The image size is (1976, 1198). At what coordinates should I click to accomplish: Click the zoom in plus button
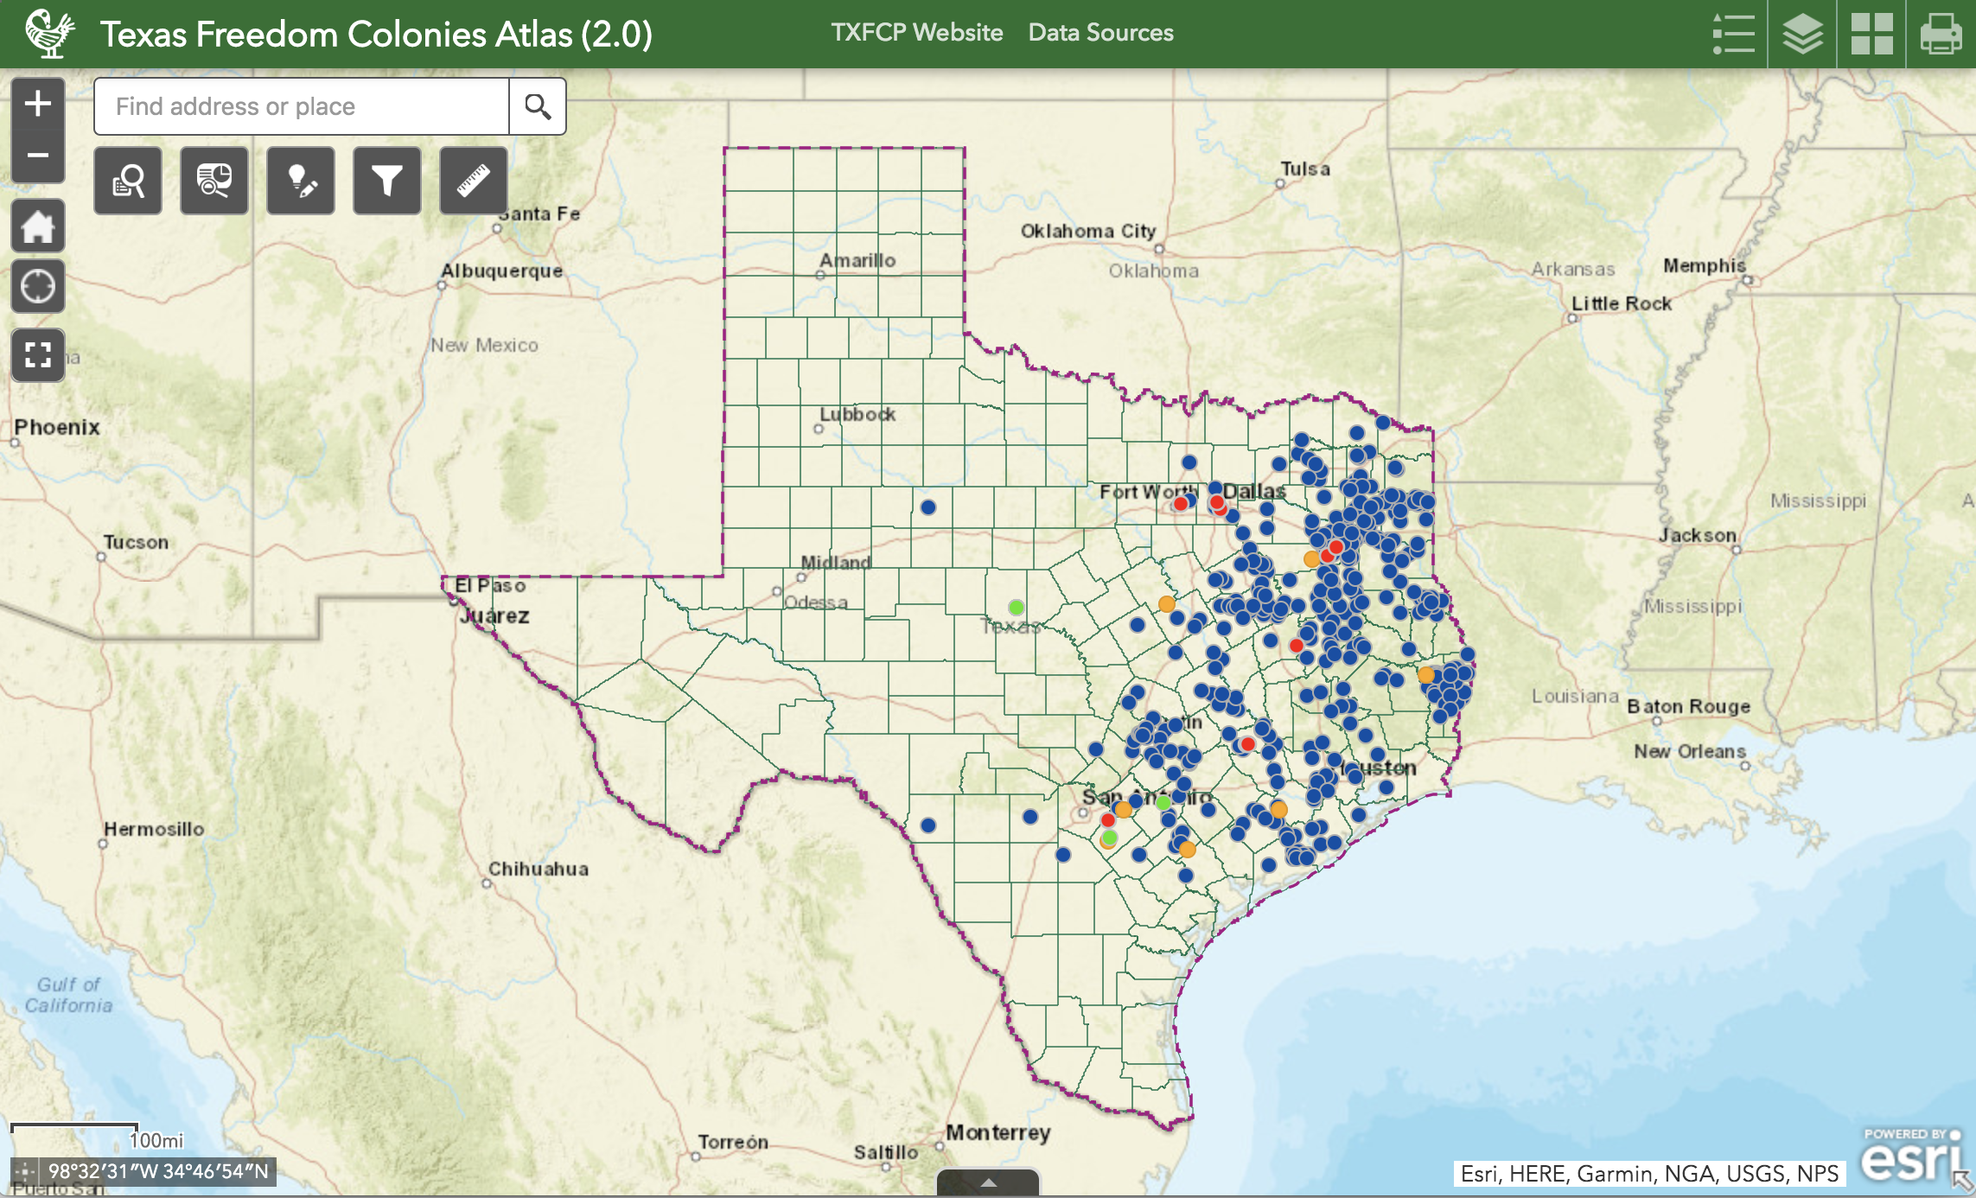pyautogui.click(x=38, y=104)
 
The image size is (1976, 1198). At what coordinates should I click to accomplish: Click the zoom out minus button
pyautogui.click(x=38, y=156)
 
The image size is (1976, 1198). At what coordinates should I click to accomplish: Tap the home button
pyautogui.click(x=38, y=227)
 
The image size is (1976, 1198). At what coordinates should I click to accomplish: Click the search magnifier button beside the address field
pyautogui.click(x=538, y=106)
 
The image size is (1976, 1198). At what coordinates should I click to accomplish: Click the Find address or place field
pyautogui.click(x=301, y=106)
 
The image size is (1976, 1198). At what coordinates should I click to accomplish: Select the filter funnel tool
pyautogui.click(x=386, y=181)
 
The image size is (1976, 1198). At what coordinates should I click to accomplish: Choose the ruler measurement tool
pyautogui.click(x=473, y=181)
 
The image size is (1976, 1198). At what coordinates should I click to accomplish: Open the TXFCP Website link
pyautogui.click(x=916, y=33)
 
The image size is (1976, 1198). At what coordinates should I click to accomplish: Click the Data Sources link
pyautogui.click(x=1100, y=33)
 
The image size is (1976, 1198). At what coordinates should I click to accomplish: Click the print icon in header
pyautogui.click(x=1941, y=35)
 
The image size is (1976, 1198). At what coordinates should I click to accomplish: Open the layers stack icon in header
pyautogui.click(x=1802, y=35)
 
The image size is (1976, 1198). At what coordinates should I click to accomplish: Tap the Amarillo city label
pyautogui.click(x=857, y=260)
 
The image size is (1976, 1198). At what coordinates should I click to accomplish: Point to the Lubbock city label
pyautogui.click(x=857, y=414)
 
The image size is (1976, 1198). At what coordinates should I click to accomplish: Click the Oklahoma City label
pyautogui.click(x=1087, y=231)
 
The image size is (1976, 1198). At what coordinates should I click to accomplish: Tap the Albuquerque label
pyautogui.click(x=501, y=271)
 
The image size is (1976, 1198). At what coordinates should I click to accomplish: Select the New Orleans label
pyautogui.click(x=1689, y=751)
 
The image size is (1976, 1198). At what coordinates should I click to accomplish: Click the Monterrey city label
pyautogui.click(x=998, y=1132)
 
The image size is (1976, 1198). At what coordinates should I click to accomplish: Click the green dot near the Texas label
pyautogui.click(x=1017, y=607)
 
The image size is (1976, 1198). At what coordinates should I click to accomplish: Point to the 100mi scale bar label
pyautogui.click(x=156, y=1140)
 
